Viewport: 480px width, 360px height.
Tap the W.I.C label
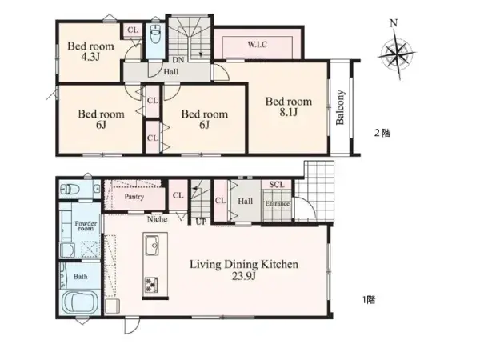[x=257, y=45]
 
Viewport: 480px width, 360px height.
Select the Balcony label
[x=340, y=107]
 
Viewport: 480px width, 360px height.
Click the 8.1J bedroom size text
[x=288, y=113]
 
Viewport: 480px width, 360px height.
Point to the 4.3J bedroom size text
[x=90, y=57]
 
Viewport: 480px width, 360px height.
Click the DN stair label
[x=178, y=60]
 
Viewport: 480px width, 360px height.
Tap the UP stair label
[x=201, y=222]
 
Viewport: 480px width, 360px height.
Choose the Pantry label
[x=134, y=197]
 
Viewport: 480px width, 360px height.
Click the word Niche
[x=158, y=219]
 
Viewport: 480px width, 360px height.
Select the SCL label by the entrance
[x=277, y=185]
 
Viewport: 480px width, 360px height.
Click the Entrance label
[x=278, y=204]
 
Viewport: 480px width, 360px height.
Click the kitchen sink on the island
[x=152, y=246]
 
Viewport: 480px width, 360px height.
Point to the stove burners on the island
[x=151, y=285]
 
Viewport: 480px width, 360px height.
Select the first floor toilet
[x=70, y=190]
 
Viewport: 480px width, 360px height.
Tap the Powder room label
[x=86, y=226]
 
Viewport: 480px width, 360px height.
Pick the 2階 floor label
[x=382, y=133]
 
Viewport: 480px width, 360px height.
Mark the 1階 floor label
[x=369, y=300]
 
